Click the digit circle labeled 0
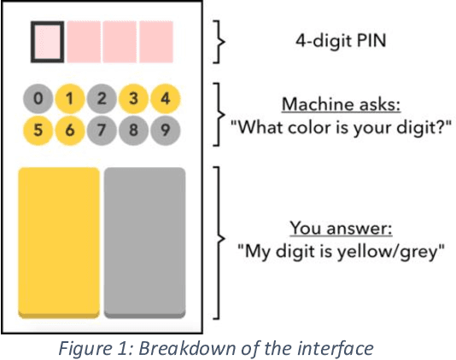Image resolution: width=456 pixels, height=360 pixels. tap(37, 99)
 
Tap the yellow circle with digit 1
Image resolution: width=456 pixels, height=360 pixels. tap(69, 99)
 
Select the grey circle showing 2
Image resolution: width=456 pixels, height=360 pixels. tap(102, 99)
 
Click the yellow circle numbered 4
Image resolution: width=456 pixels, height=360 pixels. tap(166, 99)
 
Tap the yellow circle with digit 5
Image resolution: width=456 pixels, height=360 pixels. tap(37, 131)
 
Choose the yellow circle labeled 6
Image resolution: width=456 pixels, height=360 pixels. tap(69, 131)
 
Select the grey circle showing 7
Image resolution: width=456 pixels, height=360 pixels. tap(102, 131)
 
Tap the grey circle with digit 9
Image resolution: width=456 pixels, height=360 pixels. tap(166, 131)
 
